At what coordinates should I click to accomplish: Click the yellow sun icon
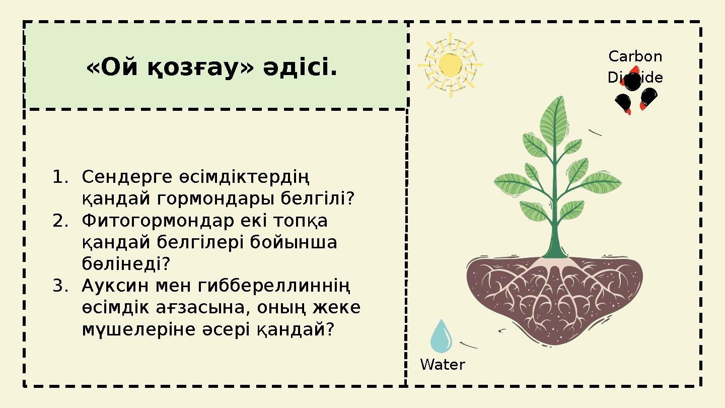[450, 64]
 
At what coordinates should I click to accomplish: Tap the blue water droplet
[441, 337]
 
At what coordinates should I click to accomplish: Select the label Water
[442, 365]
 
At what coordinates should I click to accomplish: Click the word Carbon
[635, 56]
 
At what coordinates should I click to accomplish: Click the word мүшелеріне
[128, 329]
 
